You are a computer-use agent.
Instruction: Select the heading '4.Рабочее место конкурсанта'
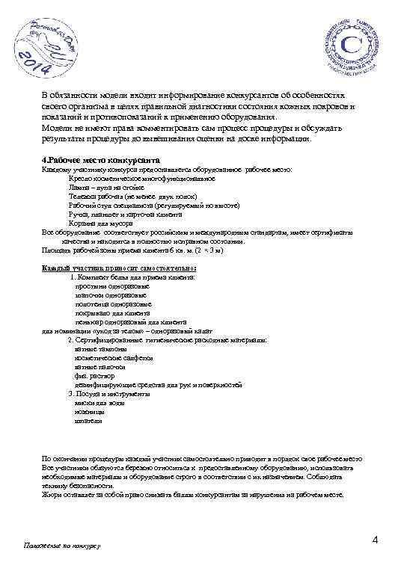100,161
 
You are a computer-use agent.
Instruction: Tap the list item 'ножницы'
90,411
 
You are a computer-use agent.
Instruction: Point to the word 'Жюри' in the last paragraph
52,494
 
